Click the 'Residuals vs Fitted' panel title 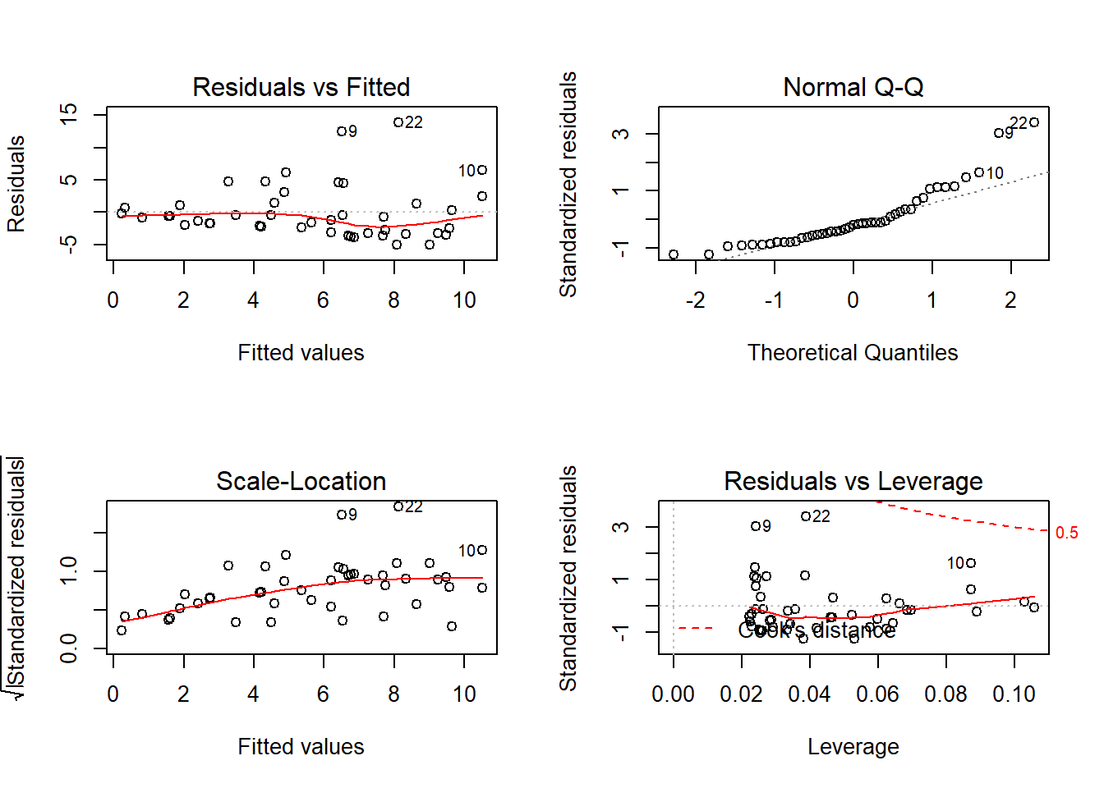pos(301,87)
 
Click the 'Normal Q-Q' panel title pos(853,87)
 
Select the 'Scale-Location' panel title pos(301,481)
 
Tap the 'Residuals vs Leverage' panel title pos(853,481)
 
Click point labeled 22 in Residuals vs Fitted pos(398,122)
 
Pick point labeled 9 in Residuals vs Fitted pos(342,131)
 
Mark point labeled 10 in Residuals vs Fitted pos(482,170)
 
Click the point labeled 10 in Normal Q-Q pos(979,172)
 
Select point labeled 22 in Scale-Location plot pos(398,506)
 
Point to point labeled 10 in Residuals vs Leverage pos(971,563)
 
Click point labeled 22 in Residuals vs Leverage pos(806,516)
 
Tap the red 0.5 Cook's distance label pos(1066,533)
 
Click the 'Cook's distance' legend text pos(816,630)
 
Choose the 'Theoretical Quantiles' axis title pos(853,353)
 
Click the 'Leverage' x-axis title pos(853,747)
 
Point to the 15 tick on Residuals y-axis pos(69,113)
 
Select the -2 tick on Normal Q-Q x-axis pos(696,300)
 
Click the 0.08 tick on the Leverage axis pos(945,694)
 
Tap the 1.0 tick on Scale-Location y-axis pos(69,570)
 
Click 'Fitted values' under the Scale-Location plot pos(301,747)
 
